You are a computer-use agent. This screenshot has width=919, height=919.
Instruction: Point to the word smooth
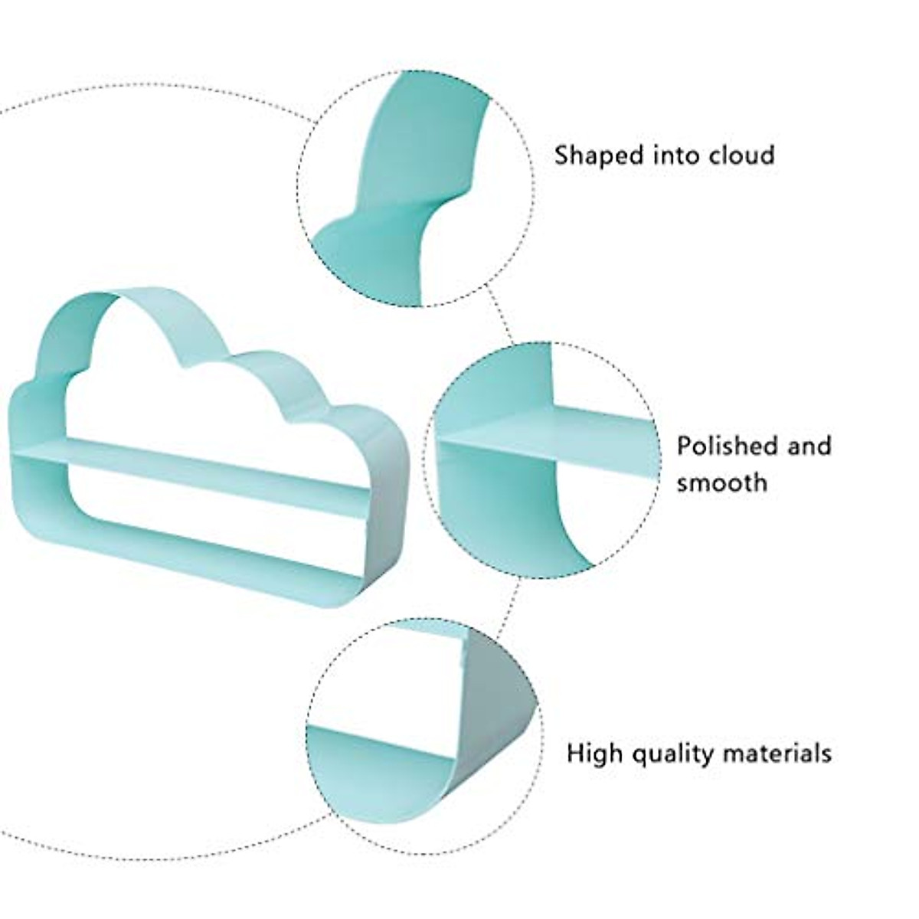tap(721, 483)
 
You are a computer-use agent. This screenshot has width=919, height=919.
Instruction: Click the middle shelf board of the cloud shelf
tap(191, 468)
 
